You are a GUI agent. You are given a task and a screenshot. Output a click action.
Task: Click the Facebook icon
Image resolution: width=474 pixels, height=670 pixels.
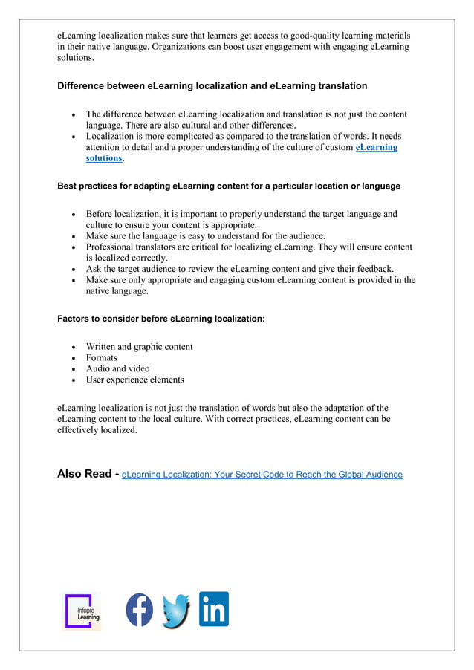[x=139, y=610]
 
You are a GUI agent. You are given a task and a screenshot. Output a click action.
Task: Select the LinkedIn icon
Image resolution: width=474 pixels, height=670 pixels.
[x=214, y=609]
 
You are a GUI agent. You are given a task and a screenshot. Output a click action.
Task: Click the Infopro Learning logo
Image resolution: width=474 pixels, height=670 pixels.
[x=82, y=611]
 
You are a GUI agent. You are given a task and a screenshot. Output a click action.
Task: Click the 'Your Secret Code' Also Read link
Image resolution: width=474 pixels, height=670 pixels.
[x=262, y=475]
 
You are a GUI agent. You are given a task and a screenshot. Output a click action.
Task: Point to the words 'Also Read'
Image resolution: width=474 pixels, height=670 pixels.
[x=85, y=474]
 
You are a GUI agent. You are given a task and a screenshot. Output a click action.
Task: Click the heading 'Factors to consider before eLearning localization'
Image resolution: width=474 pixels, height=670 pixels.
[x=161, y=319]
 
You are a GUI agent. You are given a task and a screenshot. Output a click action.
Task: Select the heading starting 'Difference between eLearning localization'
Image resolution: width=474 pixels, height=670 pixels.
[x=212, y=86]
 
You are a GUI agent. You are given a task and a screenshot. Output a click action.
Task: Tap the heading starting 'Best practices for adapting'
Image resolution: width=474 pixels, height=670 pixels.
[x=229, y=186]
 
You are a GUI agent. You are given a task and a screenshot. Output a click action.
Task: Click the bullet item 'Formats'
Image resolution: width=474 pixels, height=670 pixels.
[x=102, y=358]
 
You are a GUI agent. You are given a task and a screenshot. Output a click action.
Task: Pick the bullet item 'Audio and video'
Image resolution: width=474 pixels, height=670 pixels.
[x=117, y=369]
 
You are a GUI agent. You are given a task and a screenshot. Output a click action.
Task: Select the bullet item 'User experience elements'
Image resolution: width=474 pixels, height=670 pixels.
[x=134, y=380]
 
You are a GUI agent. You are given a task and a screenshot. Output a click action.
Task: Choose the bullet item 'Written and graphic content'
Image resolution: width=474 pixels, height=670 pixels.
[x=139, y=347]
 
